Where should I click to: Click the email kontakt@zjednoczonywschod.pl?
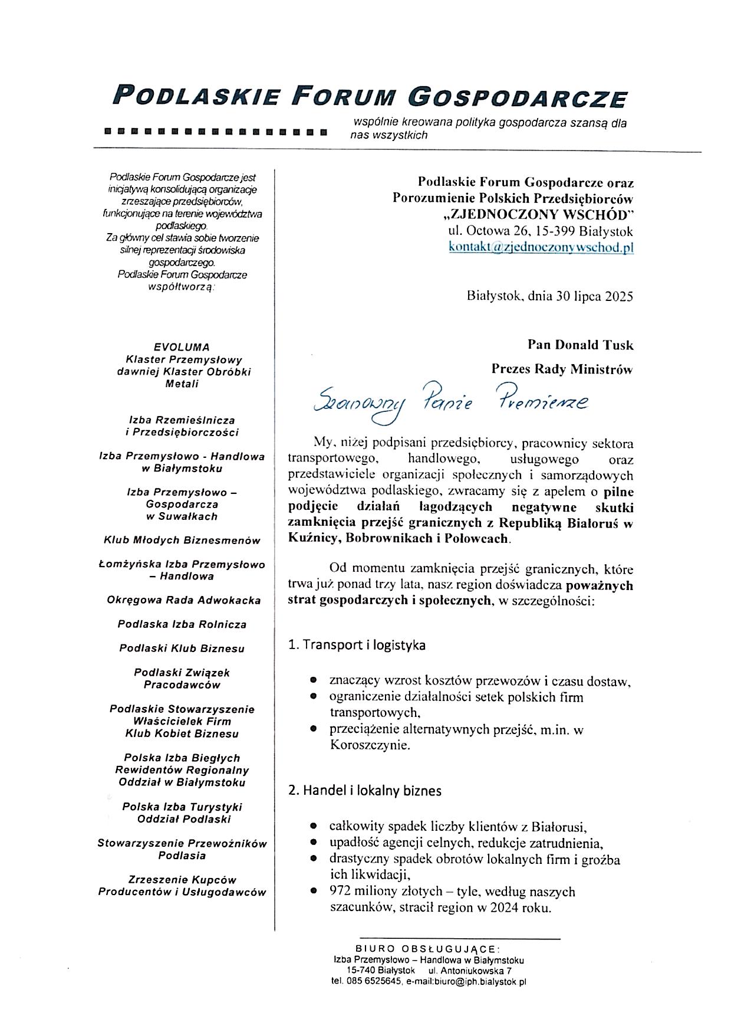[x=541, y=247]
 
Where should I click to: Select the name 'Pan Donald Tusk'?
[x=580, y=345]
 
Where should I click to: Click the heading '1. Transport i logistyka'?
[x=357, y=645]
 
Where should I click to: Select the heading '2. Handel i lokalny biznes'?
[x=364, y=790]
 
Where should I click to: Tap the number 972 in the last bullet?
[x=340, y=891]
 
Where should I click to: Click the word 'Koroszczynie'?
[x=369, y=745]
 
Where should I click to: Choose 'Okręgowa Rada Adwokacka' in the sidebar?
[x=183, y=600]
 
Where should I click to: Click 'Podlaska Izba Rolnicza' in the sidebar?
[x=182, y=624]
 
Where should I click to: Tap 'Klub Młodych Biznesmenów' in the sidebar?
[x=182, y=540]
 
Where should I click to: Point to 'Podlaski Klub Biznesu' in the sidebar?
[x=182, y=648]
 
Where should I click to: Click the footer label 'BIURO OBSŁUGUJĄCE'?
[x=427, y=949]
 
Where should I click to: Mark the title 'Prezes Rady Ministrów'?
[x=562, y=369]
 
